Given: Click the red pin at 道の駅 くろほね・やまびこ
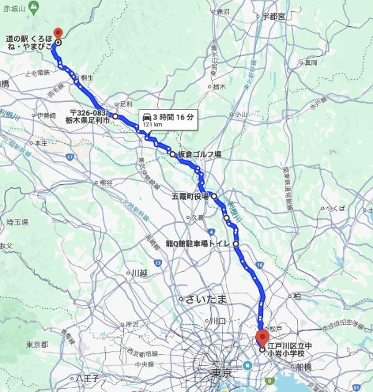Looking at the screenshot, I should pos(58,32).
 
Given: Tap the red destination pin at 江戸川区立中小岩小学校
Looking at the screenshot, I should pos(262,338).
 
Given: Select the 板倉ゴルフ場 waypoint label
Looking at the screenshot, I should pos(200,154).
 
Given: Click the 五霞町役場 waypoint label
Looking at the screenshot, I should pos(190,196).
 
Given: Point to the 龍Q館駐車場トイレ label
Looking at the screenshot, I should pos(198,243).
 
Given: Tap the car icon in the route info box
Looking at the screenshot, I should pos(146,117).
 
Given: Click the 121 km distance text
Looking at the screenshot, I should pos(153,124).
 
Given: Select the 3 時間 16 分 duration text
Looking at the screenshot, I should pos(173,117).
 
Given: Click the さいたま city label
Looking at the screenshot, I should pos(205,299).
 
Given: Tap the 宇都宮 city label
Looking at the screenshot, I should pos(274,16).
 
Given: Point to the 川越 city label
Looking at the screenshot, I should pos(140,273).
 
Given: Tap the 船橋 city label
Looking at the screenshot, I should pos(304,366).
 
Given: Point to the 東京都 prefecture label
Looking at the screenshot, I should pos(37,344).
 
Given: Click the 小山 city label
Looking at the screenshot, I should pos(241,114).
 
